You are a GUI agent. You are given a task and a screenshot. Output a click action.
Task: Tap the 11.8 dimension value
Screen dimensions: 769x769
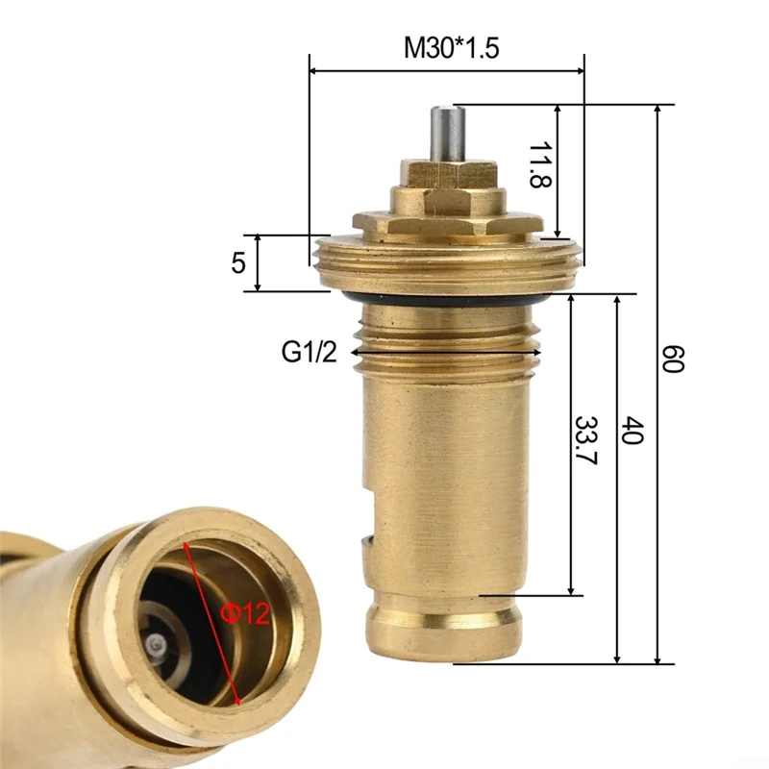click(540, 164)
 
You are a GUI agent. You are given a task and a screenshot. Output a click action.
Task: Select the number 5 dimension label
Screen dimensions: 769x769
click(238, 261)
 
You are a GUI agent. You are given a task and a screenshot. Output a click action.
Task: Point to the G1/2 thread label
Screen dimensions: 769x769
click(310, 353)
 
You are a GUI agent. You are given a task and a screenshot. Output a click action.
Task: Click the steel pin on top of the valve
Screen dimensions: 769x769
click(446, 135)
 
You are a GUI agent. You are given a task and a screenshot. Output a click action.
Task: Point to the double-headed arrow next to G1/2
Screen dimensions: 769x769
click(446, 353)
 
